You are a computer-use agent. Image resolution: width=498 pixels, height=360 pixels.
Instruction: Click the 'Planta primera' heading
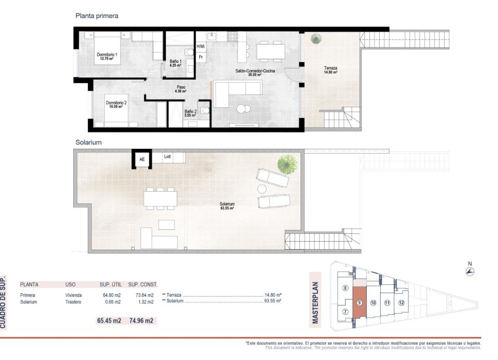coord(97,16)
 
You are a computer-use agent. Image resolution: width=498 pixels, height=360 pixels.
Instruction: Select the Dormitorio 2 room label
coord(116,105)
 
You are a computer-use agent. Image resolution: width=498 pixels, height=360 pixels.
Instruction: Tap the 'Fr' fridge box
coord(201,57)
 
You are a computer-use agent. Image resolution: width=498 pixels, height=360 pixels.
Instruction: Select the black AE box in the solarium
coord(141,158)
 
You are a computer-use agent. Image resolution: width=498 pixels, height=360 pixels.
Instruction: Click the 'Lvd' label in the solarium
coord(168,157)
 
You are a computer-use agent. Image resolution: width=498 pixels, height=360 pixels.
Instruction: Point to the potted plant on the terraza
coord(316,39)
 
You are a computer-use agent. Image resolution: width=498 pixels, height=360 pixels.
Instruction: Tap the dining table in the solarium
coord(161,198)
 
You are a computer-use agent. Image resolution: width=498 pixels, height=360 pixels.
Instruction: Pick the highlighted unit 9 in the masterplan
coord(359,303)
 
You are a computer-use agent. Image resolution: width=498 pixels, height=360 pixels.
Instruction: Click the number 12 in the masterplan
coord(401,303)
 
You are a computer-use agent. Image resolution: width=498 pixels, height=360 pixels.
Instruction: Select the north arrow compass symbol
coord(469,271)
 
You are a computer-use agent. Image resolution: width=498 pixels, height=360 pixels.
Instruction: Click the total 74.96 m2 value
coord(141,321)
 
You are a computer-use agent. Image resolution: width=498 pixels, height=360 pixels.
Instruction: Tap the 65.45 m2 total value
coord(108,321)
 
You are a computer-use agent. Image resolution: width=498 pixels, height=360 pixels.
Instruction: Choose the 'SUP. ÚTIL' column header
coord(110,283)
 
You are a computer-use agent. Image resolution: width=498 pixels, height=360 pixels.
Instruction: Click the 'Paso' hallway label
coord(180,89)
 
